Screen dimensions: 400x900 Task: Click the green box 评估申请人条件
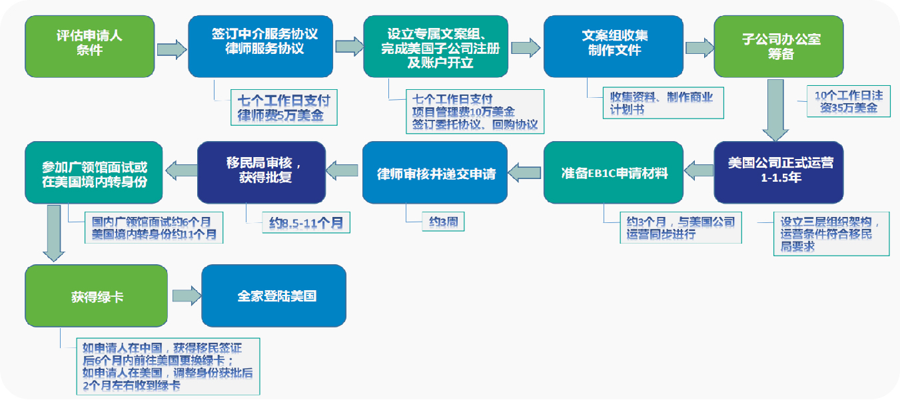pyautogui.click(x=90, y=45)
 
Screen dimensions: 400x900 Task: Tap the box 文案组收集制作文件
pyautogui.click(x=614, y=45)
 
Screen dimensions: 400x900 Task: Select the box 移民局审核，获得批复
pyautogui.click(x=261, y=172)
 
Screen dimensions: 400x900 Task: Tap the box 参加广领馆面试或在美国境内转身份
pyautogui.click(x=93, y=172)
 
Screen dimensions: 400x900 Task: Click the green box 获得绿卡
pyautogui.click(x=96, y=296)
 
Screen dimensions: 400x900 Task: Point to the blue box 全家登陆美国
pyautogui.click(x=274, y=296)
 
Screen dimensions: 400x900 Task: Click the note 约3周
pyautogui.click(x=442, y=221)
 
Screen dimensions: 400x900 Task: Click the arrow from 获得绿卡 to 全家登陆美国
pyautogui.click(x=186, y=296)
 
